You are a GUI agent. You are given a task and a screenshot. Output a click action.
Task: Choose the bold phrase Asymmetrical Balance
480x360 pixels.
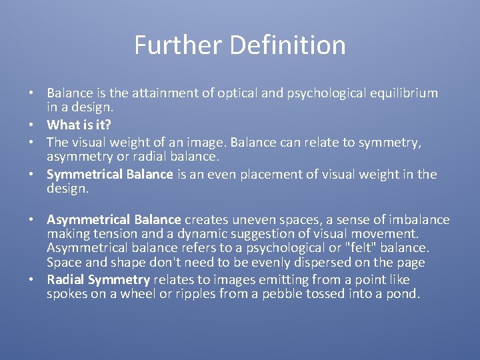114,220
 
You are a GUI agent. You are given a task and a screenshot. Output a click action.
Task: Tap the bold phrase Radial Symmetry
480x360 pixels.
98,280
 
